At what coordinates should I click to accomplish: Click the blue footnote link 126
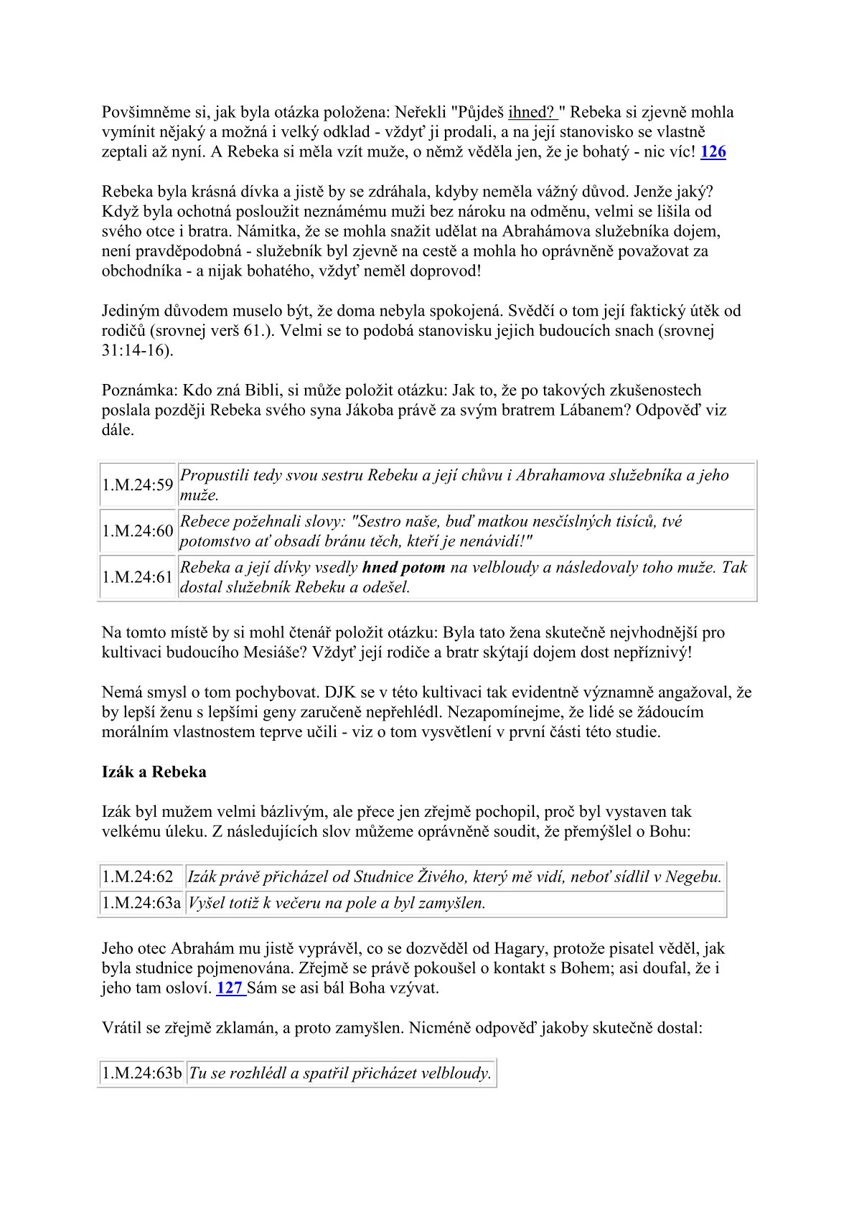point(713,152)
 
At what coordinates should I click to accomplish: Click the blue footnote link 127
point(230,988)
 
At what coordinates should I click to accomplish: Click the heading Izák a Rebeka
point(154,772)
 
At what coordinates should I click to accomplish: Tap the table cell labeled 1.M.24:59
point(138,485)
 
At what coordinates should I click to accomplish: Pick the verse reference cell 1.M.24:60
point(138,531)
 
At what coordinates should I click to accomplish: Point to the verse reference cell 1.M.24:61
point(138,577)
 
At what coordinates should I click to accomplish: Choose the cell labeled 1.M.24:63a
point(141,903)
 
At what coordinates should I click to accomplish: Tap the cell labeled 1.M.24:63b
point(142,1074)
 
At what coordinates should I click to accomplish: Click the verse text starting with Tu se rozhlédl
point(340,1074)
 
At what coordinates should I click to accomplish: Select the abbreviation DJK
point(342,693)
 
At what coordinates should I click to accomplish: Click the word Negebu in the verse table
point(694,876)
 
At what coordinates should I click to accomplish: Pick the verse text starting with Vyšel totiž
point(337,903)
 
